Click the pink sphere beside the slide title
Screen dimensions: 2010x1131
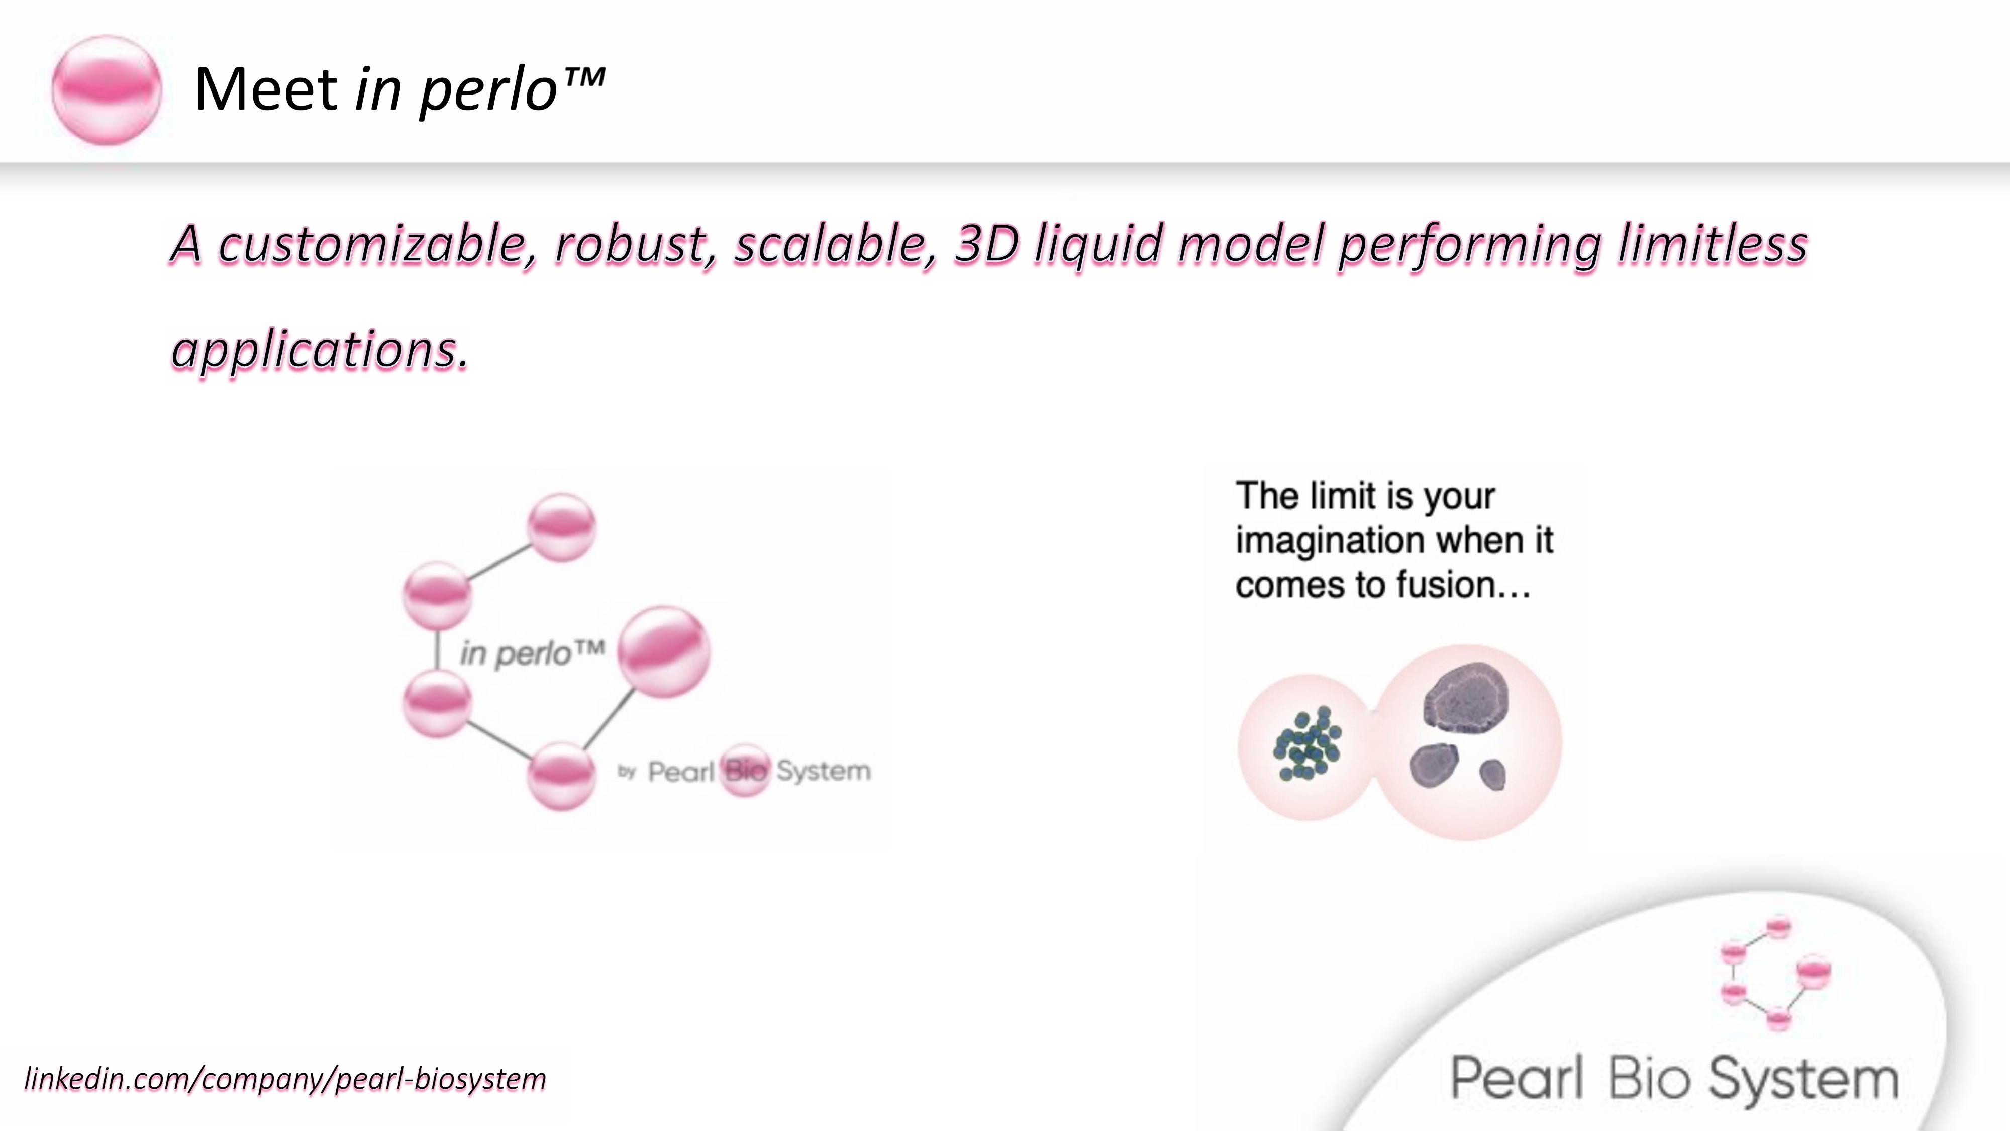pyautogui.click(x=107, y=90)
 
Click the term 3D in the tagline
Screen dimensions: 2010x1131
pyautogui.click(x=986, y=244)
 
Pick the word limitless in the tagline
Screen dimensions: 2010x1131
pyautogui.click(x=1713, y=244)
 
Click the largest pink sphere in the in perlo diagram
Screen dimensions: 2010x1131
pyautogui.click(x=664, y=651)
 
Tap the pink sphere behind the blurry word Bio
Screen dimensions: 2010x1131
pyautogui.click(x=745, y=771)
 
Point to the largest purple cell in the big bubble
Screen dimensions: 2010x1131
pyautogui.click(x=1465, y=698)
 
